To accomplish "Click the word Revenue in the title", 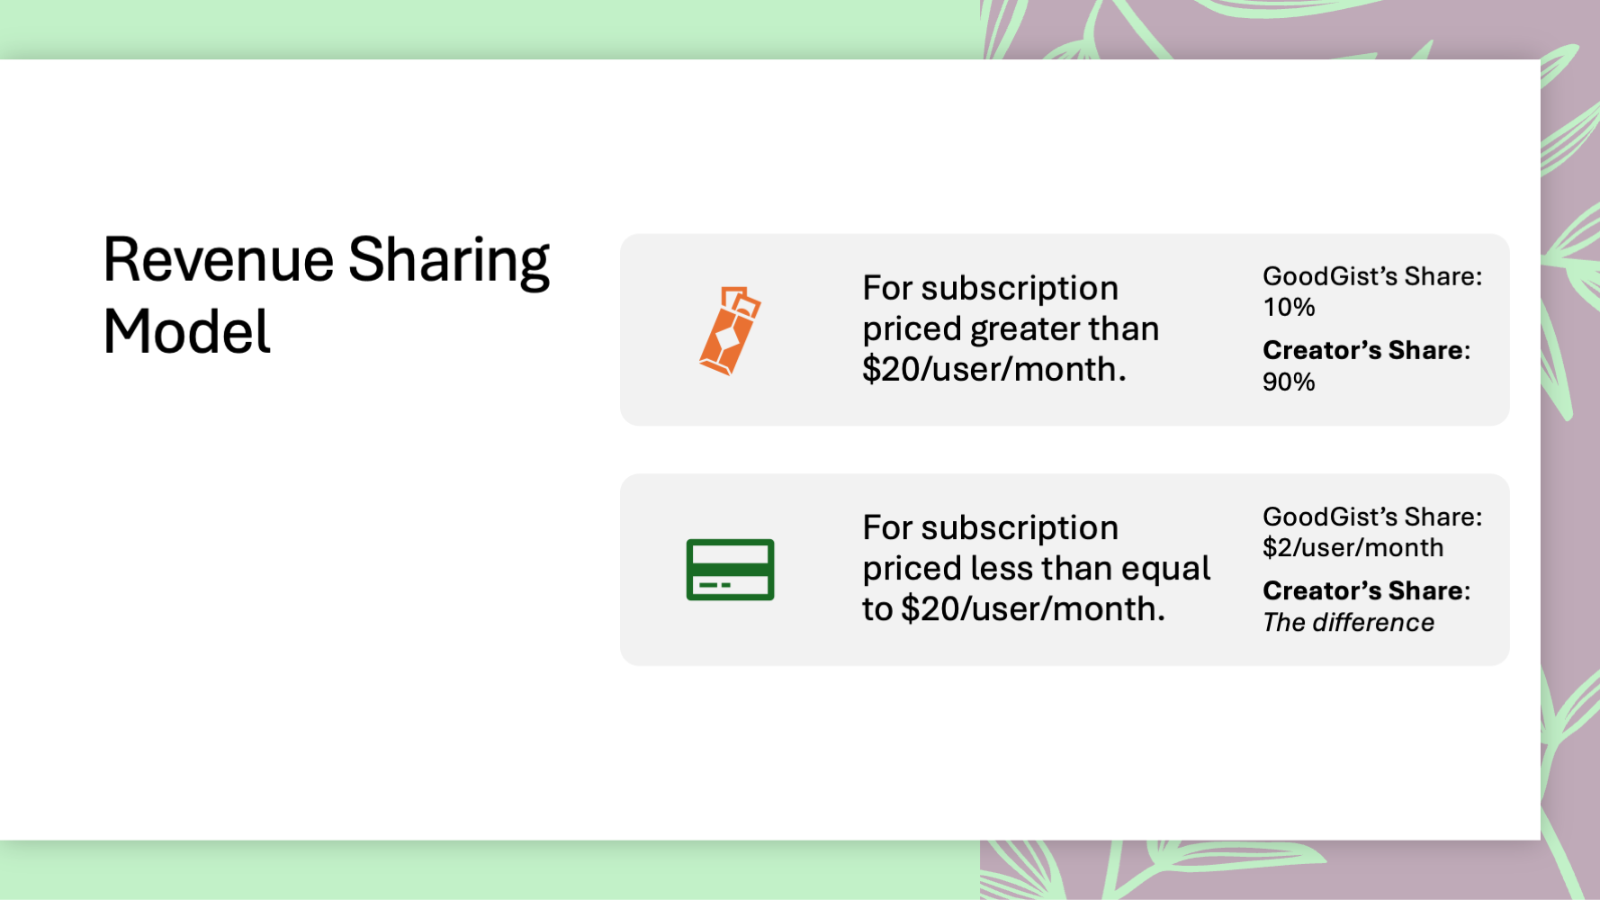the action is point(219,260).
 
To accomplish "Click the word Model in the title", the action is point(186,332).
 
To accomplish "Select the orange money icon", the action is point(730,330).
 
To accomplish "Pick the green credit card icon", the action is point(730,570).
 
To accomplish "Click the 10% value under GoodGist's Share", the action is point(1289,308).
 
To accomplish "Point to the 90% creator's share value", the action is point(1289,382).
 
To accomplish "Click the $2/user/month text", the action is point(1353,548).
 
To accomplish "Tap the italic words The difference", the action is point(1348,623).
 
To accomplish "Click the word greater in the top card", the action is point(1024,330).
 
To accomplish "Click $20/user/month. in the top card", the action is point(993,370).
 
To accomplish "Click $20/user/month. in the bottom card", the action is point(1033,610).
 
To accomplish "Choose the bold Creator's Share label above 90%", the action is point(1366,350).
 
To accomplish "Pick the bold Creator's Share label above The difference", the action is point(1366,590).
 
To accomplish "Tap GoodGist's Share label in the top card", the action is point(1372,276).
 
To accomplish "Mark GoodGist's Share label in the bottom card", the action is point(1372,517).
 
